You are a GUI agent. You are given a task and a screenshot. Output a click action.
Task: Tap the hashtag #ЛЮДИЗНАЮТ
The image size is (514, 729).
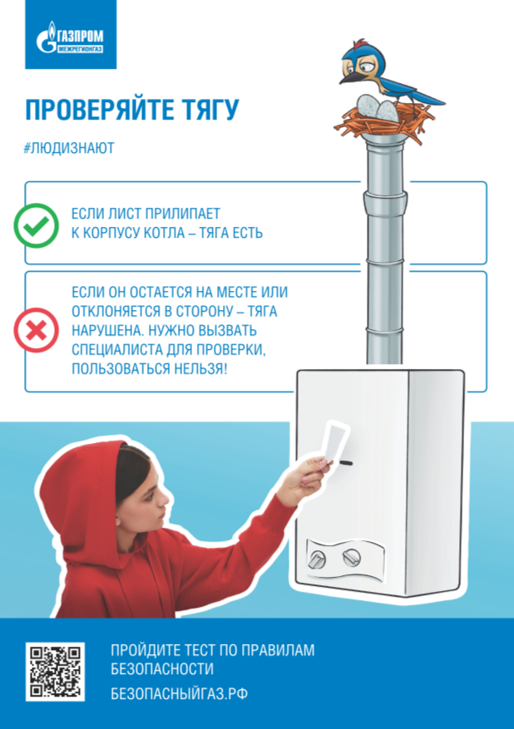tap(69, 148)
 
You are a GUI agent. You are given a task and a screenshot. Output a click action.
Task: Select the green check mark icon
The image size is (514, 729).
tap(37, 225)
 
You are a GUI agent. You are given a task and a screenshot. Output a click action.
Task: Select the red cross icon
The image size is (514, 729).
tap(37, 330)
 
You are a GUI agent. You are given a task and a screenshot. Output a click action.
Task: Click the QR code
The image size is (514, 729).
tap(55, 672)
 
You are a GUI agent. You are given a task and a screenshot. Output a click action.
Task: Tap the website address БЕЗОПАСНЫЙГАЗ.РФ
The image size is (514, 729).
tap(179, 693)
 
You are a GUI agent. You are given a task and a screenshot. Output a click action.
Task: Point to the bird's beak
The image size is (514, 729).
tap(350, 76)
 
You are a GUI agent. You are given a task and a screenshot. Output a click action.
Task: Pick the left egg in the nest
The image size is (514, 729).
tap(368, 106)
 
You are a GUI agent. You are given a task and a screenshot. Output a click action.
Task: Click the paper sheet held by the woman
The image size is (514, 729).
tap(335, 442)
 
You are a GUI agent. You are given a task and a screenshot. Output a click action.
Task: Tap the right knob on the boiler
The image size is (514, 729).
tap(352, 557)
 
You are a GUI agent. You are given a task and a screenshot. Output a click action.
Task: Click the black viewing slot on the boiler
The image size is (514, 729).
tap(346, 463)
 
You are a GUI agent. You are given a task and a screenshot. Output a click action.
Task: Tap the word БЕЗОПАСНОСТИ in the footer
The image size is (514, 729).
tap(162, 669)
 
